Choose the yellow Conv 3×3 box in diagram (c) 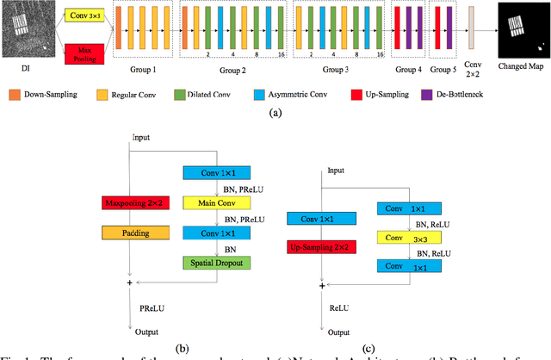tap(409, 238)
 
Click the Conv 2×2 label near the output tap(471, 71)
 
